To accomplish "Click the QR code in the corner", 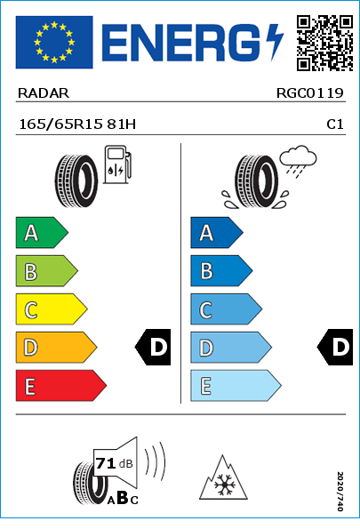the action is (x=325, y=44).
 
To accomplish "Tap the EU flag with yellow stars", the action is (x=54, y=42).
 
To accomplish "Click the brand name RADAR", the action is (x=44, y=93).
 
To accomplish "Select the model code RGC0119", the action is (x=309, y=93).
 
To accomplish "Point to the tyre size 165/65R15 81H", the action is (x=77, y=124).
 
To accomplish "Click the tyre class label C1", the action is (x=335, y=124).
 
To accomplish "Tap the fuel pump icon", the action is (x=117, y=164).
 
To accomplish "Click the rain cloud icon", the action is (x=298, y=161).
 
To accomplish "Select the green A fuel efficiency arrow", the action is (x=42, y=232).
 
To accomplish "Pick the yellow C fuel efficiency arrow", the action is (x=52, y=309).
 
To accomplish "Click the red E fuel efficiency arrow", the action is (x=61, y=386).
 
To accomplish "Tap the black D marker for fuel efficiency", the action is (x=153, y=347).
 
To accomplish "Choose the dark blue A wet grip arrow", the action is (x=217, y=232).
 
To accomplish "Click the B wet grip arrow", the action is (x=221, y=271).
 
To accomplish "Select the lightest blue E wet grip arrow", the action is (x=236, y=386).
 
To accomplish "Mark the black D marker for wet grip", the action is (x=335, y=347).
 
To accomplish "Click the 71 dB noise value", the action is (x=114, y=463).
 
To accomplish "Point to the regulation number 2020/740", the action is (x=340, y=491).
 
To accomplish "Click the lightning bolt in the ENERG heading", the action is (x=275, y=42).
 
